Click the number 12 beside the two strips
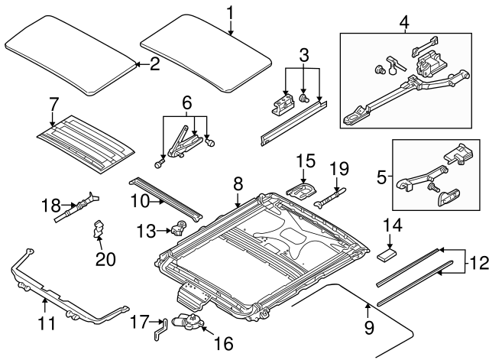(477, 264)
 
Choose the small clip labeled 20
(98, 229)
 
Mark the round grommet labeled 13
(180, 226)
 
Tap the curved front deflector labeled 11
(65, 294)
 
